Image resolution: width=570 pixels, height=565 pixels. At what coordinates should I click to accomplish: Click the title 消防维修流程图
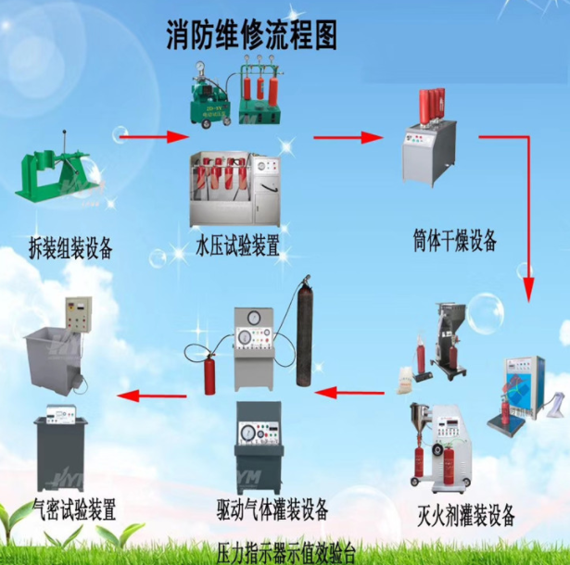pos(250,34)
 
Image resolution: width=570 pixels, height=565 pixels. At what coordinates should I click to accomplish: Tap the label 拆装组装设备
pos(70,247)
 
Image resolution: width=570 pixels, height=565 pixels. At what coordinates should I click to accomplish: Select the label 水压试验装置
pos(238,247)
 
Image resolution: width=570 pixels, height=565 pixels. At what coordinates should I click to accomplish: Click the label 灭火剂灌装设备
pos(466,515)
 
